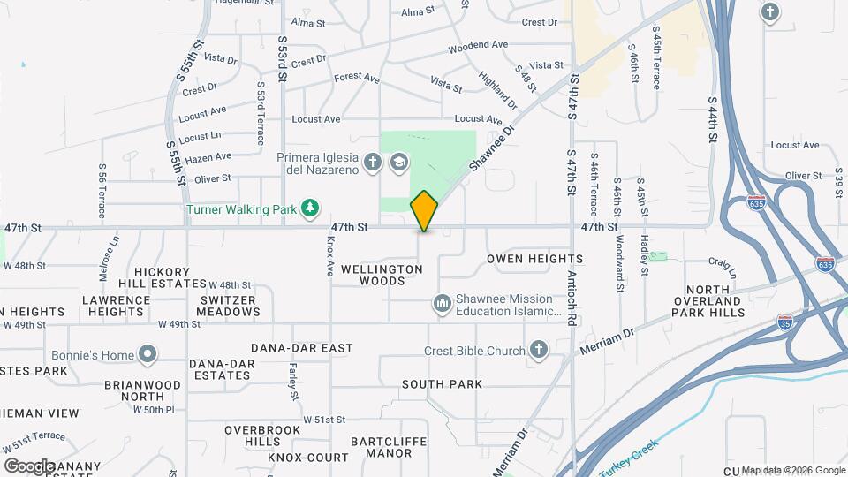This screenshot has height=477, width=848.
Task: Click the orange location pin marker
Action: (424, 211)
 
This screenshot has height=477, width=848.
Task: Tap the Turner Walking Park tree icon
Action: (309, 208)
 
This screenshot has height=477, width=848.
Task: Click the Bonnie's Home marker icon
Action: (148, 355)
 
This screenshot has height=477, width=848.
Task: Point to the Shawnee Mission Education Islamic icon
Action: (442, 305)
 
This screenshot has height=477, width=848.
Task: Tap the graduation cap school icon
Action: (398, 162)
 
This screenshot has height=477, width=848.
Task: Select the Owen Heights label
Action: (534, 259)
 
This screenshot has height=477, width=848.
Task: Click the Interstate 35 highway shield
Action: (785, 322)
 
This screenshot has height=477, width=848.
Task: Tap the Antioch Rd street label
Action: (572, 285)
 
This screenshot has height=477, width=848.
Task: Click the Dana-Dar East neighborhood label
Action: (301, 348)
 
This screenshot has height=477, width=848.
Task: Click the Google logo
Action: (29, 466)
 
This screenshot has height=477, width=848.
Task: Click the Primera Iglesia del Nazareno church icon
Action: (373, 162)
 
